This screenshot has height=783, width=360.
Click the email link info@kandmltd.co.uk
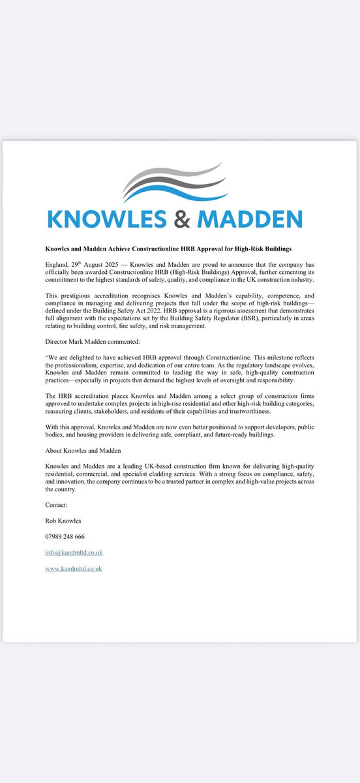[x=74, y=553]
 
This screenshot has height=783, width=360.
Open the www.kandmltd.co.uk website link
[x=74, y=568]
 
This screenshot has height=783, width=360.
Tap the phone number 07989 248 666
[x=65, y=536]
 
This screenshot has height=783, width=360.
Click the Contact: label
[x=57, y=505]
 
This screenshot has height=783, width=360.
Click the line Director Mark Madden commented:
[x=88, y=341]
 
